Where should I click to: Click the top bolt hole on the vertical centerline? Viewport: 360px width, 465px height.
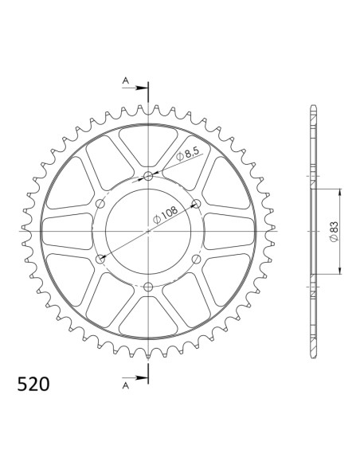pos(148,176)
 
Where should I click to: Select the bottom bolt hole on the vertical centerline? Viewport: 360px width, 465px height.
pos(148,286)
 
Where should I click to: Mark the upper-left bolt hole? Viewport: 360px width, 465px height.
pos(100,204)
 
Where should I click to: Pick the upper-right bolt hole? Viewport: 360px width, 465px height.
pos(196,204)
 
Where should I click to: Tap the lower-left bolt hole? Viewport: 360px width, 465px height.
pos(100,259)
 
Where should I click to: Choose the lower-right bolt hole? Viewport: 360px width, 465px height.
pos(196,259)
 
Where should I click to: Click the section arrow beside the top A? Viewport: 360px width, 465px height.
pos(140,84)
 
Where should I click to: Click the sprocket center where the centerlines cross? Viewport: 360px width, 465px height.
pos(148,231)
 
